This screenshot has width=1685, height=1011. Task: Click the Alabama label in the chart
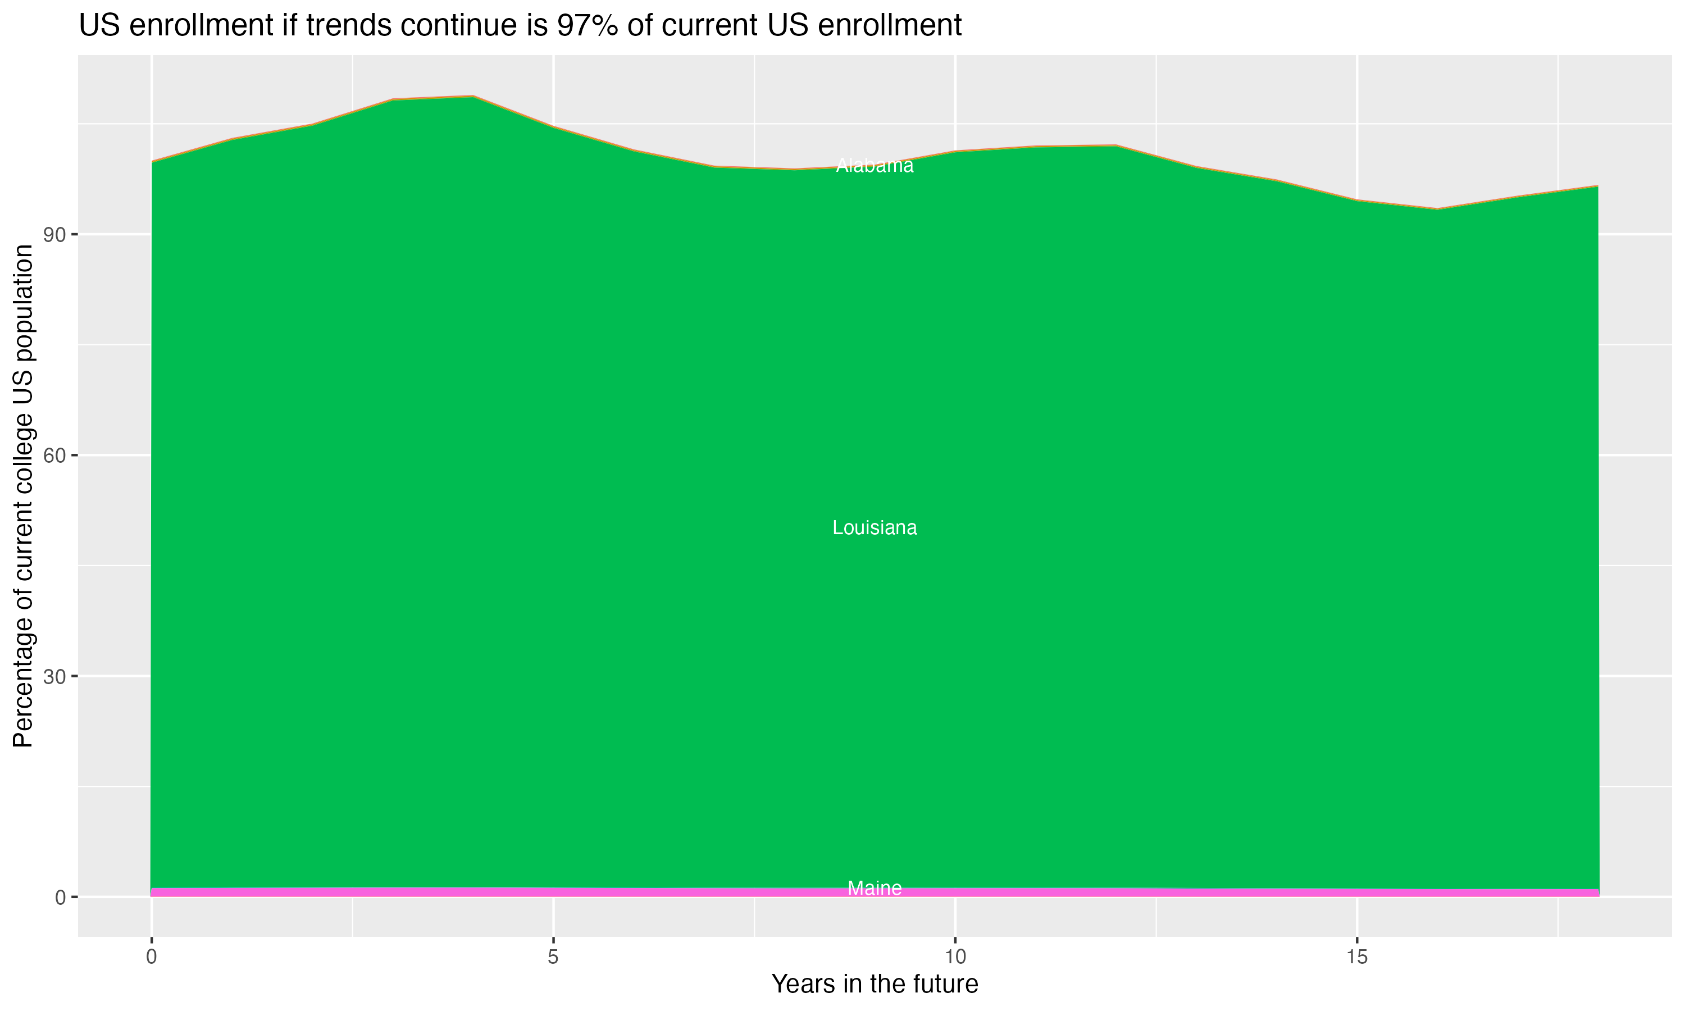pos(875,166)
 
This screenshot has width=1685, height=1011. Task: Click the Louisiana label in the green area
pos(875,528)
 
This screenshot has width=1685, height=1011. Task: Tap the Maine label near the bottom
pos(875,889)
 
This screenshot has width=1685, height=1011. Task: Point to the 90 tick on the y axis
pos(54,235)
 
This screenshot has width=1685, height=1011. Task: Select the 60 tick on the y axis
pos(54,456)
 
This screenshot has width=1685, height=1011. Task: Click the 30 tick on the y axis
pos(54,676)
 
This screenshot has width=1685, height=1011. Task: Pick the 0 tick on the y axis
pos(60,897)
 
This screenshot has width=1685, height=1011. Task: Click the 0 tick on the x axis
pos(151,957)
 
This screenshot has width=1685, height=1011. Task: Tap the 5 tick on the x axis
pos(553,957)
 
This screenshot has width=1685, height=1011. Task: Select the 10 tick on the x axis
pos(955,957)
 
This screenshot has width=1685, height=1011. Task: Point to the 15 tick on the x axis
pos(1357,957)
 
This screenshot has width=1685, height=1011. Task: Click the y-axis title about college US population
pos(23,495)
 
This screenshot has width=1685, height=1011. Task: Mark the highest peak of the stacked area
pos(473,96)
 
